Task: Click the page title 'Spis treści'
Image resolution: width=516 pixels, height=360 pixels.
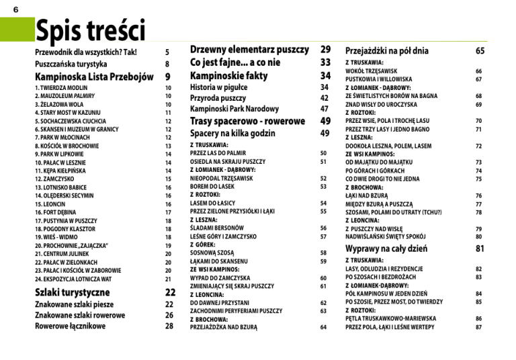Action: pos(90,30)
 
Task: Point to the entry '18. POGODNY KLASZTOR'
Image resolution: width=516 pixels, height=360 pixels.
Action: pos(66,228)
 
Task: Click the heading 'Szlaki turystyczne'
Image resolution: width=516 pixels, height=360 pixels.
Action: pos(72,292)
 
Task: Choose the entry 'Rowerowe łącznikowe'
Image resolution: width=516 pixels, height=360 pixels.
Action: pos(71,326)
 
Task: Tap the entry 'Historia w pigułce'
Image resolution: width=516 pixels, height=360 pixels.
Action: pos(219,87)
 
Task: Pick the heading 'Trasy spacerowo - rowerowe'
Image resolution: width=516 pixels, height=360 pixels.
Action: pos(247,121)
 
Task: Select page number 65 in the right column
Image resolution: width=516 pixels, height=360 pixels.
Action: pos(480,50)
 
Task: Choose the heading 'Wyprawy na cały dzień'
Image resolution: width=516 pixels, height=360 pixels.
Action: pos(388,249)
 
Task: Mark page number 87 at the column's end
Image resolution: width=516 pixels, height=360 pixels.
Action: pos(478,327)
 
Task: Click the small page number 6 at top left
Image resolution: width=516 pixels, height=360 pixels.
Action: pos(15,7)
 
